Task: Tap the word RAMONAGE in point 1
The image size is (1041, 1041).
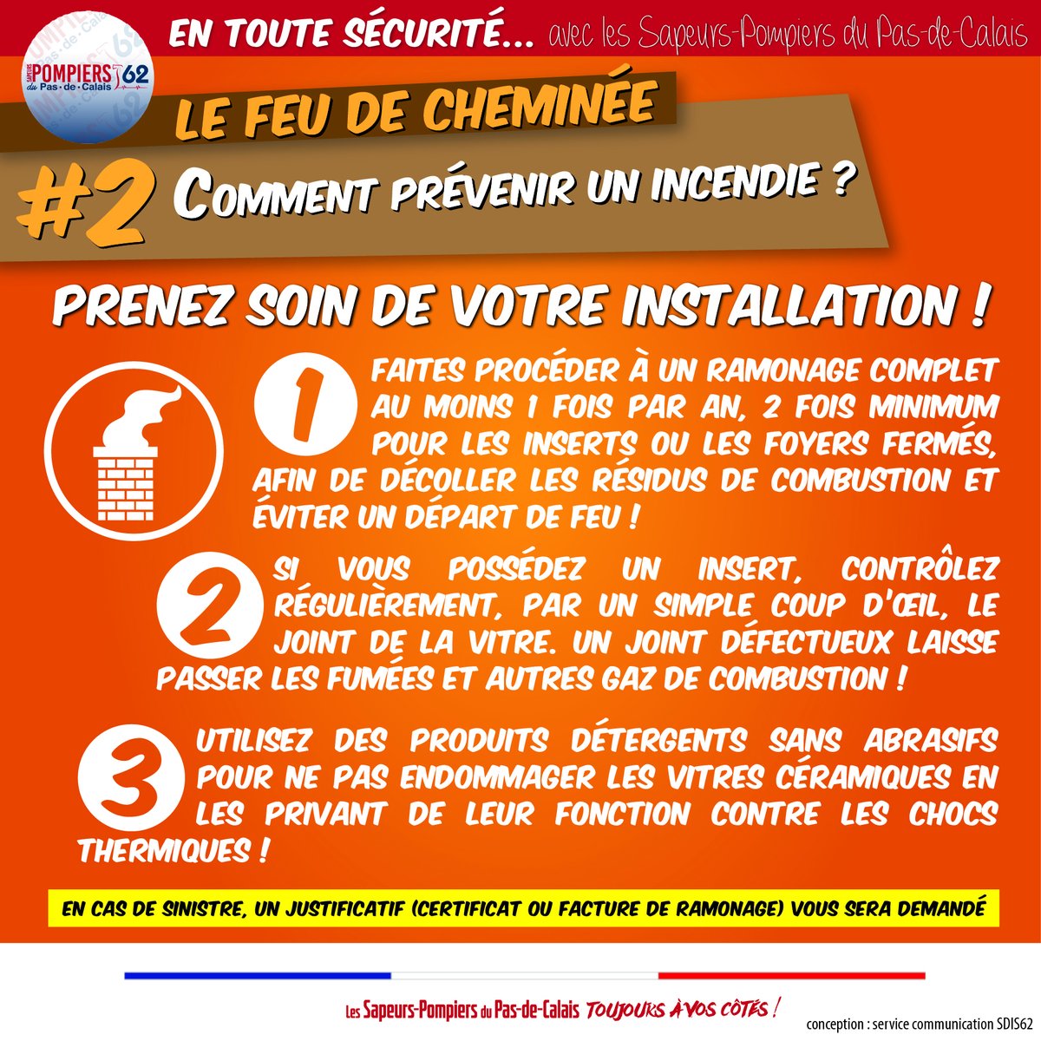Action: pyautogui.click(x=784, y=370)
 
